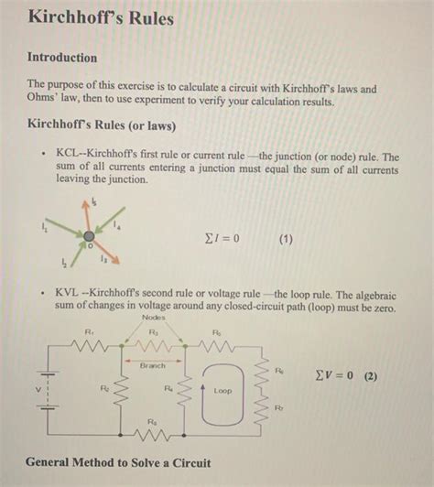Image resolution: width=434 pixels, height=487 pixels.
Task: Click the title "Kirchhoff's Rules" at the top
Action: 101,18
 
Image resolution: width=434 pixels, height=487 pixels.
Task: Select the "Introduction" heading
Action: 62,58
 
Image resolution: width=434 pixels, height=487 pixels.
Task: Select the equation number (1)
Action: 284,240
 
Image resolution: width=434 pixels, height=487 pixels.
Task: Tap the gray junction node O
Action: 89,235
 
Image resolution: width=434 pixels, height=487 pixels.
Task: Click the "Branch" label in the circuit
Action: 153,364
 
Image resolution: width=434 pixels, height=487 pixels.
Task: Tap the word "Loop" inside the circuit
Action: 222,389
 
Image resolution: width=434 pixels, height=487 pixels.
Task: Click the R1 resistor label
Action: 88,332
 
